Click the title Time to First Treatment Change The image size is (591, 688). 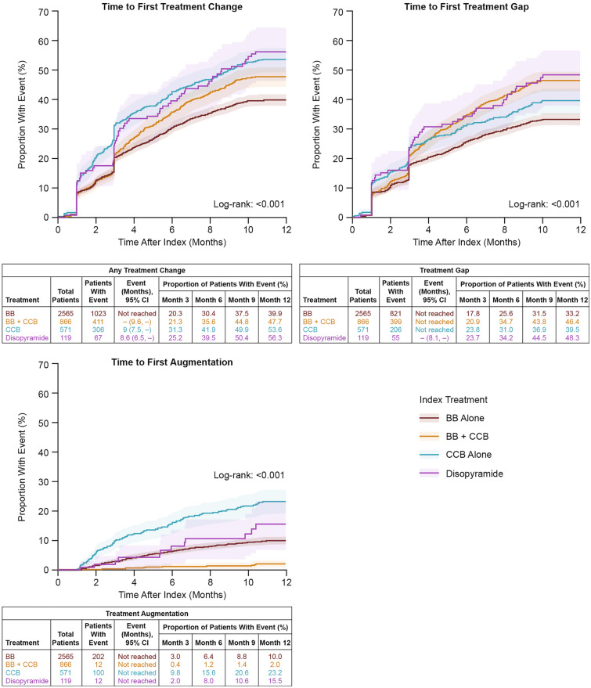click(x=172, y=7)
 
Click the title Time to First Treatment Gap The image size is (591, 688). click(x=467, y=7)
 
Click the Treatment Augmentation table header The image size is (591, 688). click(x=146, y=614)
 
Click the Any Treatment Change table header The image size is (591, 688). click(x=146, y=268)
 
